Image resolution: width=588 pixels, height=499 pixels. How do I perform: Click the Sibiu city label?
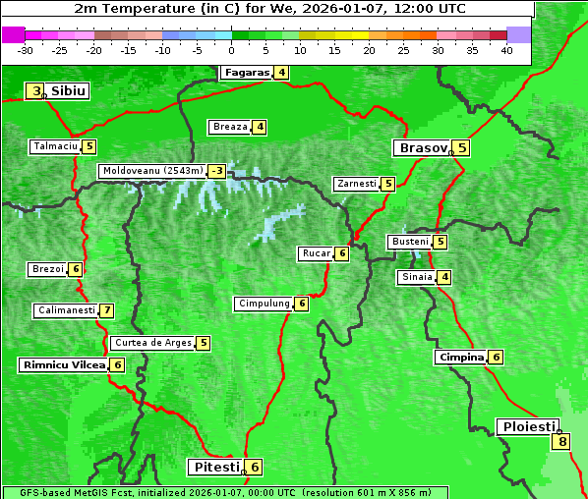pos(69,91)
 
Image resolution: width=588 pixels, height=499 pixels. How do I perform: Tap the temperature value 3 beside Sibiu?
pos(36,91)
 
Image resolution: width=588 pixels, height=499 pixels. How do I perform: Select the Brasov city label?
pos(422,148)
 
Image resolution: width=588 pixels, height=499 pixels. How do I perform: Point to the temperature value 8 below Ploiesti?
pos(561,441)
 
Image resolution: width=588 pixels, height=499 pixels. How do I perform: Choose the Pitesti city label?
pos(214,467)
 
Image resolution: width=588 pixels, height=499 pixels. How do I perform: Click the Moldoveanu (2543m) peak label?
pos(152,171)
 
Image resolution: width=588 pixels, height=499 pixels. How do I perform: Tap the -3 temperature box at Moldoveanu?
pos(216,171)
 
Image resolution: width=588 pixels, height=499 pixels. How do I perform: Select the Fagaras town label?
pos(246,72)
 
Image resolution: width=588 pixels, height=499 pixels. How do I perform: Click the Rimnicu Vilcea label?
pos(63,364)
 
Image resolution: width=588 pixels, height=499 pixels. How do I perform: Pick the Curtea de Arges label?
pos(151,343)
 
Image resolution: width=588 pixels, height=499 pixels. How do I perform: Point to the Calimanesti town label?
pos(66,310)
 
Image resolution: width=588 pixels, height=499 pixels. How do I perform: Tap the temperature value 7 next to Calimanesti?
pos(106,310)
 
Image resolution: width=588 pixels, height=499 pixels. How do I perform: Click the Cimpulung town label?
pos(264,304)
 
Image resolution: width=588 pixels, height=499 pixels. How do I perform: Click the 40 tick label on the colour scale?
pos(506,50)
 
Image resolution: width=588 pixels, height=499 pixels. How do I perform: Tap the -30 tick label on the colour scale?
pos(26,50)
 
